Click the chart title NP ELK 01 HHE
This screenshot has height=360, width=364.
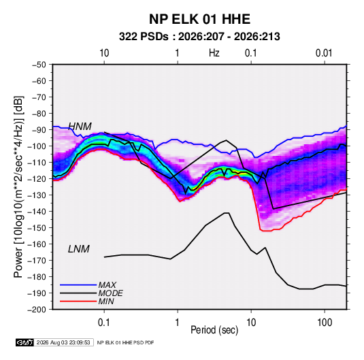199,19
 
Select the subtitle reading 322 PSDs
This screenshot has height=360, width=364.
144,37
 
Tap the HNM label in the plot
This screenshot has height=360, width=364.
80,127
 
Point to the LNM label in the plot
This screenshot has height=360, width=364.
79,249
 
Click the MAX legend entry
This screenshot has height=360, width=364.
107,284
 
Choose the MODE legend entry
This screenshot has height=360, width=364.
110,293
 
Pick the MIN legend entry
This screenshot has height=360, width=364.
106,301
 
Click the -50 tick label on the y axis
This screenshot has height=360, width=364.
39,65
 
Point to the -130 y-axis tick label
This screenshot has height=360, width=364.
37,195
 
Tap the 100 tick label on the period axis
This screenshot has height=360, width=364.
325,323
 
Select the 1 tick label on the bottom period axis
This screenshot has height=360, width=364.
178,323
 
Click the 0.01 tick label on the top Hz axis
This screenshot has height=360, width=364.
324,53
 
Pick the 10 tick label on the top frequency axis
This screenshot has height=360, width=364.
104,53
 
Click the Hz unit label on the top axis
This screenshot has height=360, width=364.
214,53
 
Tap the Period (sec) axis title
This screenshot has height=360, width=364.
214,330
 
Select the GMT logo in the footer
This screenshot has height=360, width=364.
25,342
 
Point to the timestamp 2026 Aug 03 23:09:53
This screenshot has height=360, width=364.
63,342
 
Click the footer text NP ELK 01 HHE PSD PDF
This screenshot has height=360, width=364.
125,342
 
